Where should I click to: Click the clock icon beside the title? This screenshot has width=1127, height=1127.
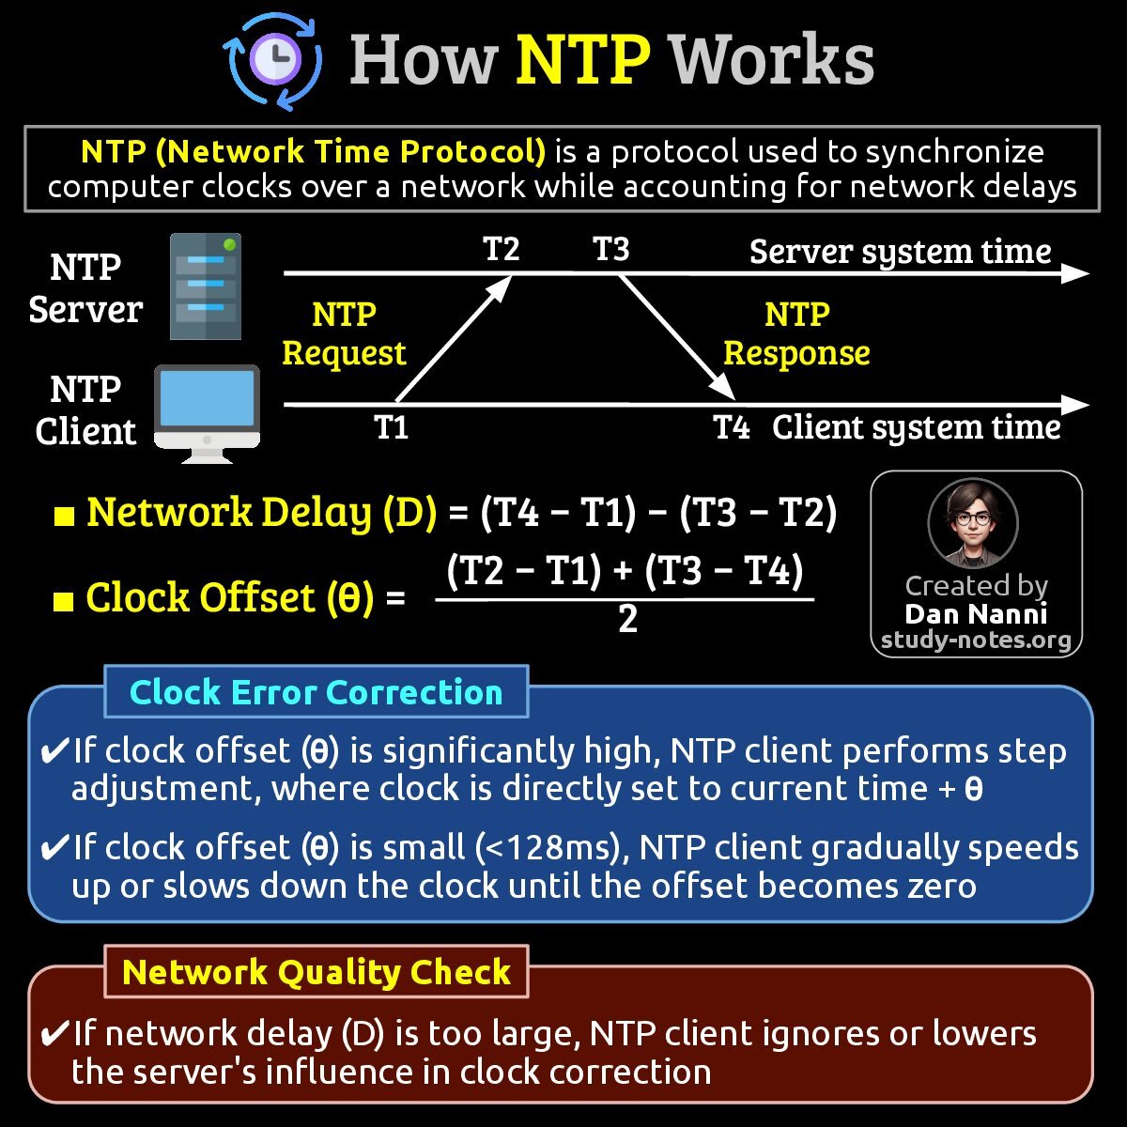[x=273, y=61]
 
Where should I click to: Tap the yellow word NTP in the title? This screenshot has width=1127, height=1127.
[x=582, y=59]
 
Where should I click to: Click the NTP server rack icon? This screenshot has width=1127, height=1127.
[x=206, y=286]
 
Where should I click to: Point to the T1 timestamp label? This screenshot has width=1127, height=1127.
[x=392, y=427]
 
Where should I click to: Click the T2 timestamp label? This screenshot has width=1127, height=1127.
[x=501, y=249]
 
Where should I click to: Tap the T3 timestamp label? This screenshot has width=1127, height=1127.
[x=610, y=249]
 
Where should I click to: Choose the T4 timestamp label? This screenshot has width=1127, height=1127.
[x=732, y=427]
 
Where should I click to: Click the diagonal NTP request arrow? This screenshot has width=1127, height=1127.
[x=454, y=338]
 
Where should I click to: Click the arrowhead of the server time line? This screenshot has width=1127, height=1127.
[x=1075, y=273]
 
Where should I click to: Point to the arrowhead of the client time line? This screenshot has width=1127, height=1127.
[x=1075, y=405]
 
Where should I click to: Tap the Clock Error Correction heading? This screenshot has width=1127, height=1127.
[x=316, y=692]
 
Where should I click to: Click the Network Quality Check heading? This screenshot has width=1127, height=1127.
[x=316, y=972]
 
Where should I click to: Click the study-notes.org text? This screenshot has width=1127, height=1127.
[x=976, y=641]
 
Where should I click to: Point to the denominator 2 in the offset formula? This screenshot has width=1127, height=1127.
[x=627, y=620]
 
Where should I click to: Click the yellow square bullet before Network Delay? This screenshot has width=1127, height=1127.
[x=64, y=516]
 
